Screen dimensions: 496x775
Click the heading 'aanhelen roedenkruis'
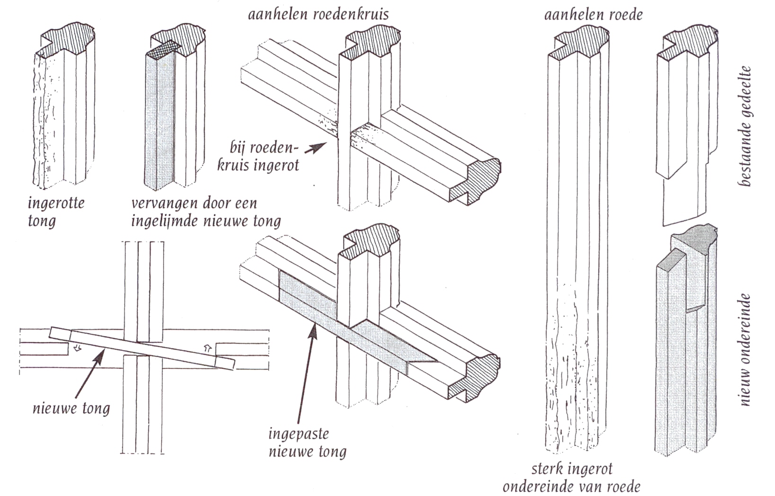pos(318,14)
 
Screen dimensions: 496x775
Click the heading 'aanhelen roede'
pos(593,15)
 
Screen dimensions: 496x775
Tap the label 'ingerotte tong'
pos(56,212)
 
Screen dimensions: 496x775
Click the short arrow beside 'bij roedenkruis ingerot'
pos(316,148)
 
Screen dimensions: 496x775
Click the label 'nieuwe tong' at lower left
pos(71,408)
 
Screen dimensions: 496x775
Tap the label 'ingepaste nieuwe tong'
pos(307,443)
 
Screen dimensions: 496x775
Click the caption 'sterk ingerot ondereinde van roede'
pos(571,478)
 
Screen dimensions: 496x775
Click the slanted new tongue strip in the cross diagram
pos(142,348)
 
